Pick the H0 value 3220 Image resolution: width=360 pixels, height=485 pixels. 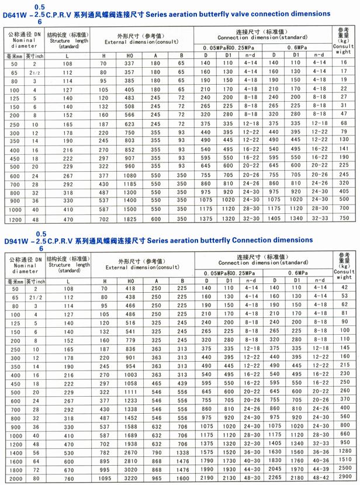point(130,478)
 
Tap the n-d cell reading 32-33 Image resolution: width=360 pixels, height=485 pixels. point(319,218)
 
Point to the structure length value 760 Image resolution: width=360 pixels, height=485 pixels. point(68,478)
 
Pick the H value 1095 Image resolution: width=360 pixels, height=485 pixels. point(104,478)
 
